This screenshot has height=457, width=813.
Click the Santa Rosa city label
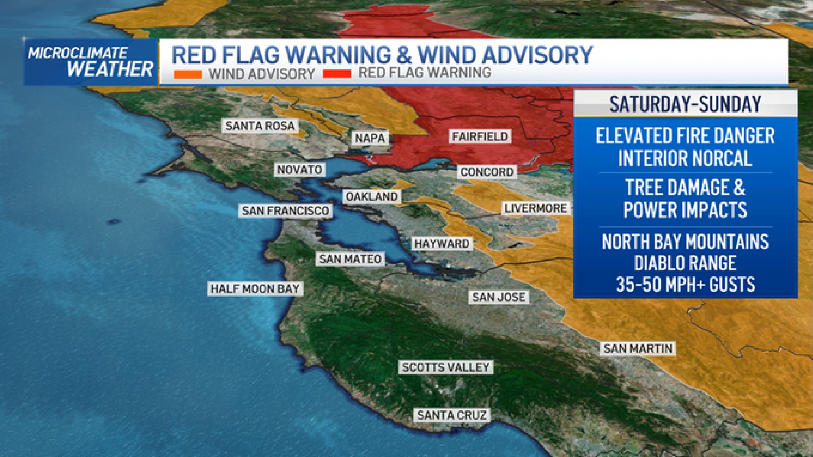(260, 126)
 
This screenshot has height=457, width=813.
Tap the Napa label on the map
(370, 138)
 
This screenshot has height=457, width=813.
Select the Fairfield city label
(480, 136)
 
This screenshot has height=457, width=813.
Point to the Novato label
(300, 170)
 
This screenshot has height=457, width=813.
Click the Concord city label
(487, 172)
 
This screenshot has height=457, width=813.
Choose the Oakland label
(372, 196)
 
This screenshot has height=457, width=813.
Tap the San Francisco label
(285, 211)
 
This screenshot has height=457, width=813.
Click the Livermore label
(536, 208)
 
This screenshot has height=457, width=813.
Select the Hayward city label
(442, 244)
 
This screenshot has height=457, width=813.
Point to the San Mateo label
(350, 259)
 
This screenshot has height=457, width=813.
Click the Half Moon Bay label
(255, 289)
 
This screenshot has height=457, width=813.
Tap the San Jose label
(498, 297)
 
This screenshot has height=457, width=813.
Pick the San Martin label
(638, 349)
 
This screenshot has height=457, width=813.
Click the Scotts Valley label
(446, 367)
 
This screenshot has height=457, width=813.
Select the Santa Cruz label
(452, 415)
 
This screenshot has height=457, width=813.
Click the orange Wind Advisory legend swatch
(188, 74)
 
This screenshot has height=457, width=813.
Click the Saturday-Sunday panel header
(685, 104)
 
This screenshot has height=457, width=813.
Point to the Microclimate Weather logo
(90, 62)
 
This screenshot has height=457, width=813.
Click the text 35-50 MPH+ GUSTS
(685, 284)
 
